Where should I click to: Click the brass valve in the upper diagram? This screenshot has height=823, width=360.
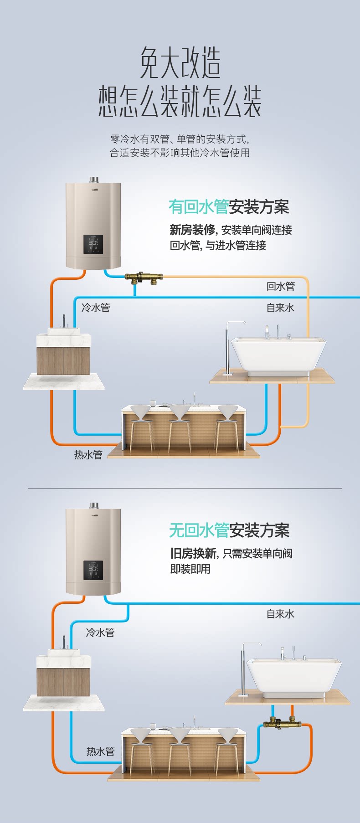click(144, 278)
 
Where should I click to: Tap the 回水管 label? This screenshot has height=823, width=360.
click(281, 287)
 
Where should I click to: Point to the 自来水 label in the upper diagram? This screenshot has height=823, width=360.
click(281, 308)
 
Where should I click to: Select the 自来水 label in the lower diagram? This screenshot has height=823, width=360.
click(281, 614)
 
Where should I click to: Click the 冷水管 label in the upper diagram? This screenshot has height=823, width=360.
click(96, 308)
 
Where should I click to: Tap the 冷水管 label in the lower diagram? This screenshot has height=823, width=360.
click(100, 633)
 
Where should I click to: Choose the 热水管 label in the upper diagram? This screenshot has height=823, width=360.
click(88, 455)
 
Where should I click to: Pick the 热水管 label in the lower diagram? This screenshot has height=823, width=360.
click(101, 751)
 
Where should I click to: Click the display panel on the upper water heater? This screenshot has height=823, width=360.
click(93, 245)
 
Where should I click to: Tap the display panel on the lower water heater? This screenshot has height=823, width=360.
click(93, 570)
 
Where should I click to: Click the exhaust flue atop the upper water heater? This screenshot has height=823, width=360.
click(94, 179)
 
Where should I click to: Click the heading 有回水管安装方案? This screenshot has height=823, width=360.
click(229, 207)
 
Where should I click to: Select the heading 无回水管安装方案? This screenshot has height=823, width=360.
click(229, 530)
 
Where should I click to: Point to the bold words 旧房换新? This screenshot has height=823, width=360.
click(193, 553)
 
